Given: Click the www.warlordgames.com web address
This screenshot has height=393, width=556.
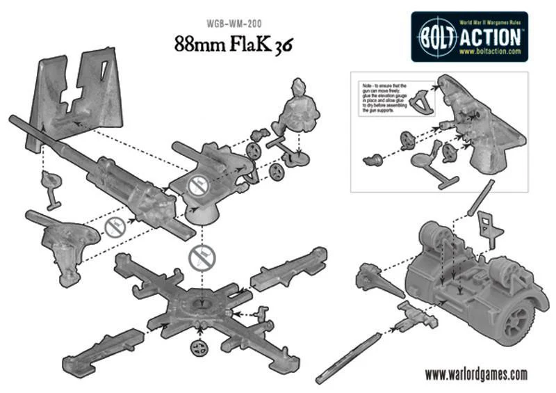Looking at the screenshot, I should pyautogui.click(x=475, y=374).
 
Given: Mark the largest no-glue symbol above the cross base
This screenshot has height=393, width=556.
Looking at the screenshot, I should pyautogui.click(x=202, y=257).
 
